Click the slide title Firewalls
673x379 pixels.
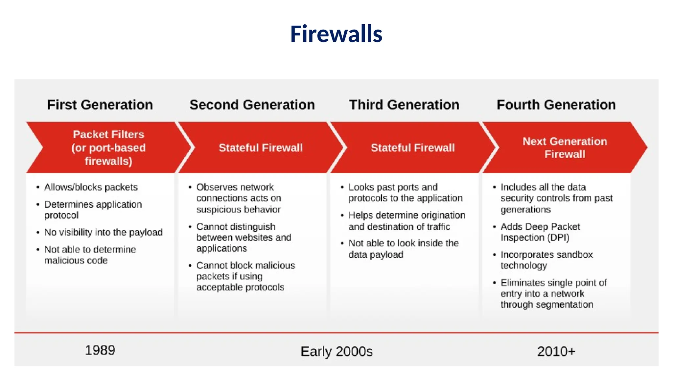point(336,34)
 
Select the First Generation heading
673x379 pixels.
point(100,105)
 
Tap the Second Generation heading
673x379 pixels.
point(252,105)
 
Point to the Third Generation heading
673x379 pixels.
point(404,105)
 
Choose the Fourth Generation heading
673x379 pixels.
point(556,105)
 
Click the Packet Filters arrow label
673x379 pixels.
point(108,148)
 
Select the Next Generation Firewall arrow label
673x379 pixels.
point(565,148)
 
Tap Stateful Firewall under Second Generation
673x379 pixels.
point(261,148)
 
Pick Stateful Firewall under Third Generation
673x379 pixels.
point(413,148)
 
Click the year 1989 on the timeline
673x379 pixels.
point(100,350)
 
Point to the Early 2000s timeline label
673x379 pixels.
point(336,351)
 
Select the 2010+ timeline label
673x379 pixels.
point(556,351)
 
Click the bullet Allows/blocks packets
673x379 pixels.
point(91,187)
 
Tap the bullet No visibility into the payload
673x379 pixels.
point(103,233)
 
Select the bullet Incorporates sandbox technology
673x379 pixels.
point(546,260)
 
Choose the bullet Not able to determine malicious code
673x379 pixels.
point(90,255)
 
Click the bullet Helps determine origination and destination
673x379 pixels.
point(406,221)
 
